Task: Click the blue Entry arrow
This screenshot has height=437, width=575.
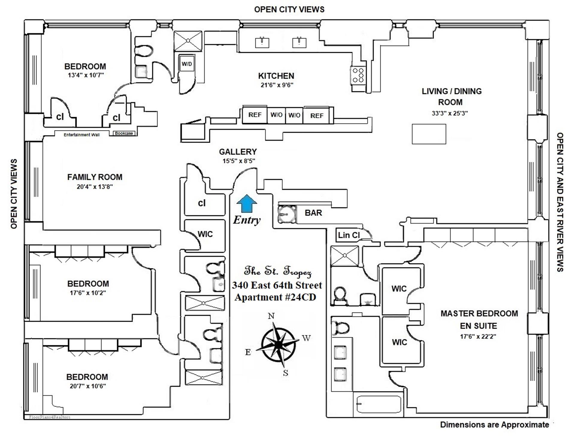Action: point(246,203)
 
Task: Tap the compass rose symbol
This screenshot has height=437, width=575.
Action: point(279,344)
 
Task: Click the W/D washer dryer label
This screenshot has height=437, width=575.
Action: point(187,64)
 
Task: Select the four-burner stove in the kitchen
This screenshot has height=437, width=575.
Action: point(358,75)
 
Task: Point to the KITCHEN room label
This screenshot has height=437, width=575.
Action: point(276,76)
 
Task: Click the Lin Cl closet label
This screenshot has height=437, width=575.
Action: point(349,235)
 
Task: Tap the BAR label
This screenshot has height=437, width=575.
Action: point(313,213)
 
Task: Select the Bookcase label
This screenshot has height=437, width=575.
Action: point(124,133)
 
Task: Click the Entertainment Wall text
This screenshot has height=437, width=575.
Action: point(81,135)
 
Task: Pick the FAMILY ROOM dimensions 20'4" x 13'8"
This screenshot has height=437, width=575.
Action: point(95,187)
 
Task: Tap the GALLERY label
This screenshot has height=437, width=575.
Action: point(238,152)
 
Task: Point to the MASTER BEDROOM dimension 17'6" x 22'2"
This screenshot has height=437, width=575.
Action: point(478,336)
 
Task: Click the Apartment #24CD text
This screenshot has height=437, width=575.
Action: point(275,297)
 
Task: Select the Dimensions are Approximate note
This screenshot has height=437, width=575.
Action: point(494,425)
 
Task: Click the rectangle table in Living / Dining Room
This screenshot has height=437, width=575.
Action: point(429,134)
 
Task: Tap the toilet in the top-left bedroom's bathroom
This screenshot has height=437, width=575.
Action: point(143,51)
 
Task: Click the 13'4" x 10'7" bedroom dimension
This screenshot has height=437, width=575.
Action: point(86,75)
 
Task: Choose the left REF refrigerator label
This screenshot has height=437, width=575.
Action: point(255,115)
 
